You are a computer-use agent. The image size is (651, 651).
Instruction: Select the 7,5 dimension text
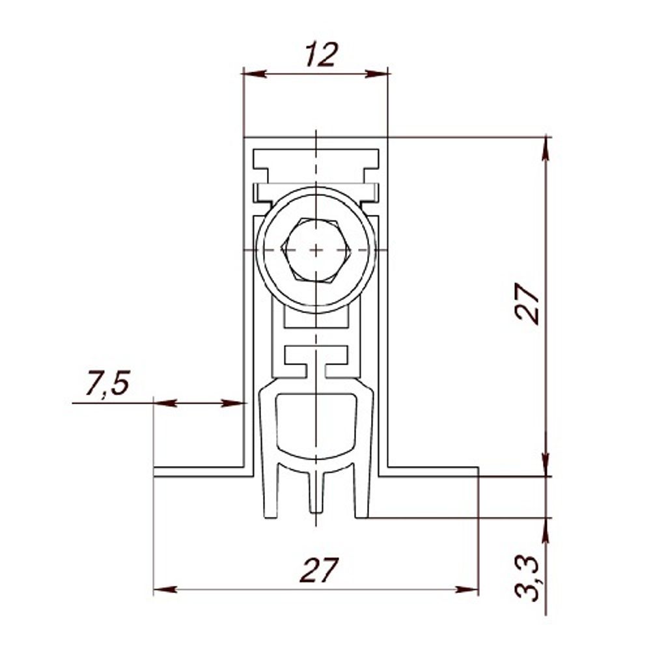tap(108, 385)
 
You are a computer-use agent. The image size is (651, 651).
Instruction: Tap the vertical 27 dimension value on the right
tap(527, 303)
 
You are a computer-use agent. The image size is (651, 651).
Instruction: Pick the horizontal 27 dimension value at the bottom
tap(320, 571)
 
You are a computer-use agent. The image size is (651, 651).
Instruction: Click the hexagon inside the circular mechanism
tap(316, 250)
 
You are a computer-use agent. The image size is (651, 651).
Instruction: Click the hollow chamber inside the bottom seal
tap(316, 423)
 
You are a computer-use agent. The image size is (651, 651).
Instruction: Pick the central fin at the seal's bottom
tap(316, 495)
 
